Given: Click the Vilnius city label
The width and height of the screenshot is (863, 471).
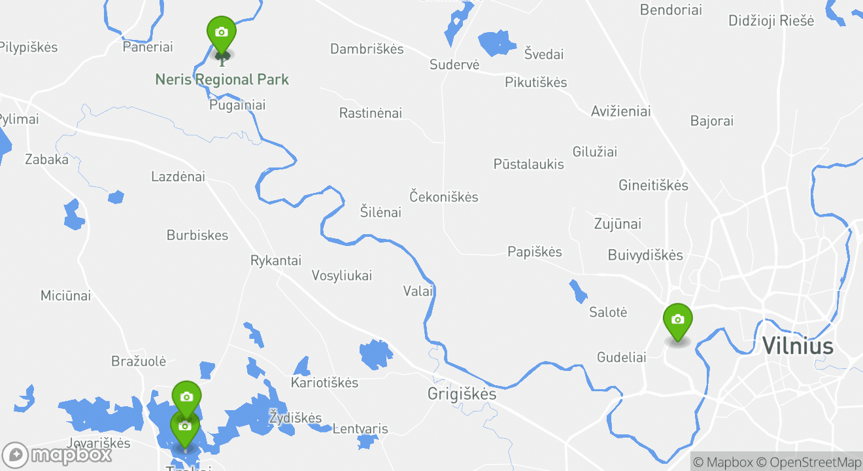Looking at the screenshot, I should click(798, 345).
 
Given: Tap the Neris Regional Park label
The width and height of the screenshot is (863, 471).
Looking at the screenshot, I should click(222, 80).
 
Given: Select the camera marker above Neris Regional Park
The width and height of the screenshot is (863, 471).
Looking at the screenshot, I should click(222, 33).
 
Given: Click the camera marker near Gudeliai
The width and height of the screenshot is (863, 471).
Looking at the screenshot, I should click(678, 321).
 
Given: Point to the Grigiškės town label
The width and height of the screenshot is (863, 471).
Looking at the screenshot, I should click(462, 394).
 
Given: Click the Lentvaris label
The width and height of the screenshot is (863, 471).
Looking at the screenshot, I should click(360, 429).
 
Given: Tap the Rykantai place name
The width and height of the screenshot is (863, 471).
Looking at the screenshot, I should click(276, 260).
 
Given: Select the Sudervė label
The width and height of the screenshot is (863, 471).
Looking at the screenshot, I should click(454, 65).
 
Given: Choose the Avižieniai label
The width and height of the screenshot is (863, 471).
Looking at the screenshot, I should click(620, 111).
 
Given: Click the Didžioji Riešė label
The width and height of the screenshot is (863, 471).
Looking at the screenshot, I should click(771, 21).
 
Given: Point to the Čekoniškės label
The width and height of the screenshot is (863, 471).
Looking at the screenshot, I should click(444, 197).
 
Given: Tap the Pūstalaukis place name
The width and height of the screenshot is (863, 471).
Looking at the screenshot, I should click(529, 164).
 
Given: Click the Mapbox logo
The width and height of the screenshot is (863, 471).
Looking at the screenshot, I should click(58, 455).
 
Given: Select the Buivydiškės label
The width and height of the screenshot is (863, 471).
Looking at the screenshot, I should click(645, 255).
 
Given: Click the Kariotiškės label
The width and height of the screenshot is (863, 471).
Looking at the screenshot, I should click(325, 383).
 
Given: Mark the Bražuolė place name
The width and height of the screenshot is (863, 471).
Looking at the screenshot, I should click(139, 361).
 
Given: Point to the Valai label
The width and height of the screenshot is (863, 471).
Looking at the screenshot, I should click(418, 291).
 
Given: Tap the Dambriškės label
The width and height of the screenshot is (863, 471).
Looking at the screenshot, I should click(367, 49).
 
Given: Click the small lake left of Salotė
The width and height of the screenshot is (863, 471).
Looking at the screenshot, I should click(578, 292).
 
